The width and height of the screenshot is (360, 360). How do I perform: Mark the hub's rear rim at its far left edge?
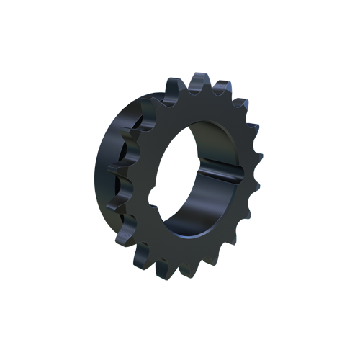[x=96, y=173]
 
